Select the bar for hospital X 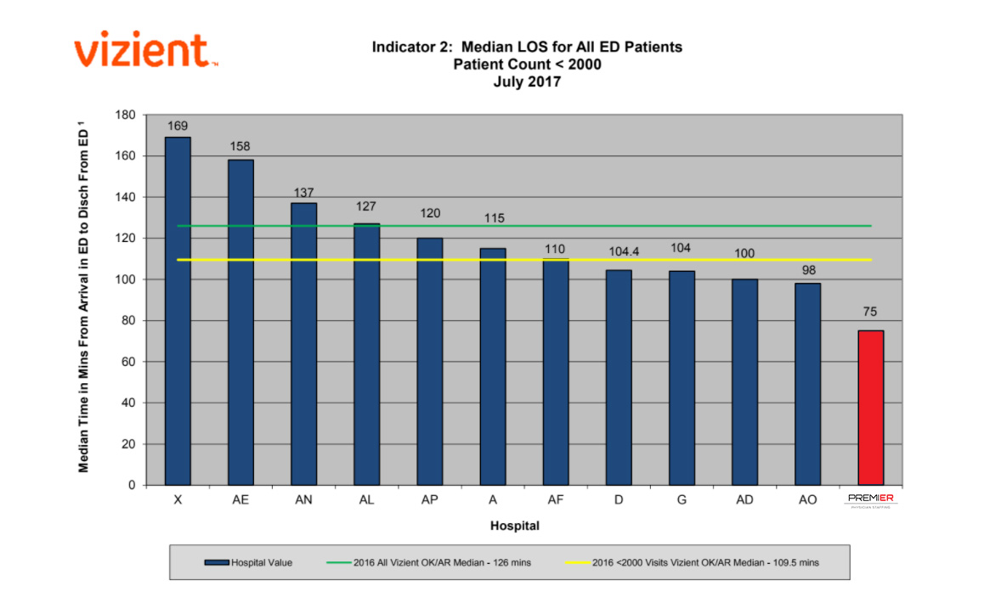click(178, 311)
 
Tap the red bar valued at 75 click(871, 408)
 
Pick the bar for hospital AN click(303, 344)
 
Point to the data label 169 click(178, 126)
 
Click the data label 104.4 click(619, 252)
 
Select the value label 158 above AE click(240, 146)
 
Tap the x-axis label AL click(366, 500)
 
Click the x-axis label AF click(556, 500)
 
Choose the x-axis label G click(682, 500)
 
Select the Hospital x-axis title click(514, 527)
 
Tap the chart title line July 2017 click(527, 82)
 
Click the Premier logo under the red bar click(871, 500)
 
